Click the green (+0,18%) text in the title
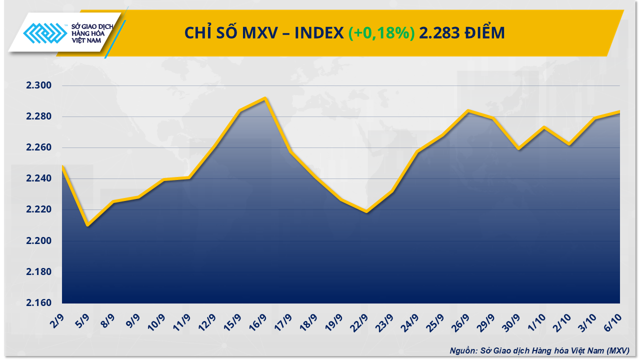pos(381,33)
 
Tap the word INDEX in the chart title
pos(318,33)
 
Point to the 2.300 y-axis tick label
pos(39,85)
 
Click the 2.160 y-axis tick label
pos(39,303)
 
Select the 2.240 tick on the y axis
pos(39,179)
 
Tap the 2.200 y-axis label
pos(39,241)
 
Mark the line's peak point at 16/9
pos(265,98)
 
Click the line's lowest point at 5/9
pos(87,225)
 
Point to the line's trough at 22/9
pos(366,211)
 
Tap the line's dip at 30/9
pos(518,148)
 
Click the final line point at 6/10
pos(619,112)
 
